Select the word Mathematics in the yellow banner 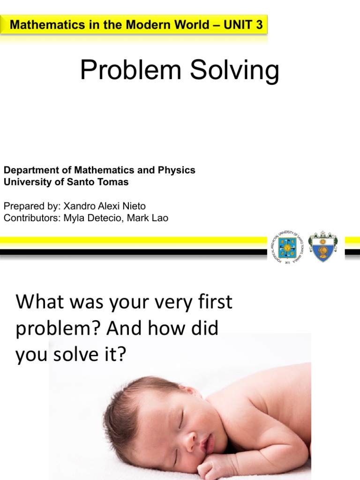39,25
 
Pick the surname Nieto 133,207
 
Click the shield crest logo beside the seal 322,246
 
